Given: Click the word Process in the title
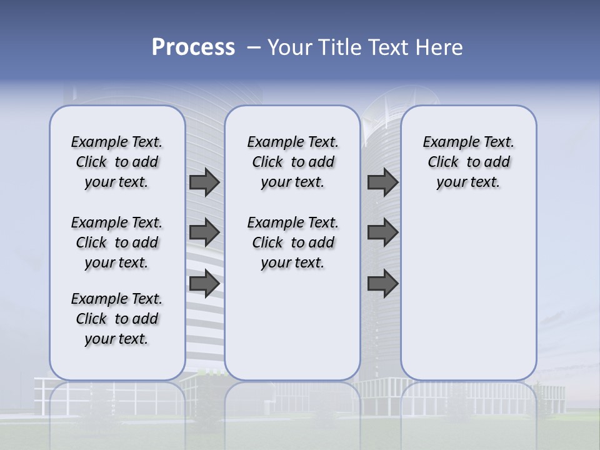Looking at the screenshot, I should tap(193, 47).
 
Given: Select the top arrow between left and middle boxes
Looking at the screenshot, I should tap(204, 182).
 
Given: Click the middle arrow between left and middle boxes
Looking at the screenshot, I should tap(204, 232).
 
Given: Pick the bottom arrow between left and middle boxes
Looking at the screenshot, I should tap(204, 282).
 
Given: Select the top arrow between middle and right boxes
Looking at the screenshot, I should tap(382, 182).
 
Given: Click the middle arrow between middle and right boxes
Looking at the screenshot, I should tap(382, 232).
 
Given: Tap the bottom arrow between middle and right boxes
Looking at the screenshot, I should tap(382, 282).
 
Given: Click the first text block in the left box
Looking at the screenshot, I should tap(117, 162).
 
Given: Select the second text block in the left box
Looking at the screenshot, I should tap(117, 242).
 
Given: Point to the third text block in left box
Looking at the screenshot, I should tap(117, 319).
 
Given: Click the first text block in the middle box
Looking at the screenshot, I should tap(292, 162).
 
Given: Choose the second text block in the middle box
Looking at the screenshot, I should tap(292, 242).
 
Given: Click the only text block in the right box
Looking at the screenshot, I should tap(468, 162).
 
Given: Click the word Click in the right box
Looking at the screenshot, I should tap(443, 162).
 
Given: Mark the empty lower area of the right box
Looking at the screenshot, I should tap(468, 294).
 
